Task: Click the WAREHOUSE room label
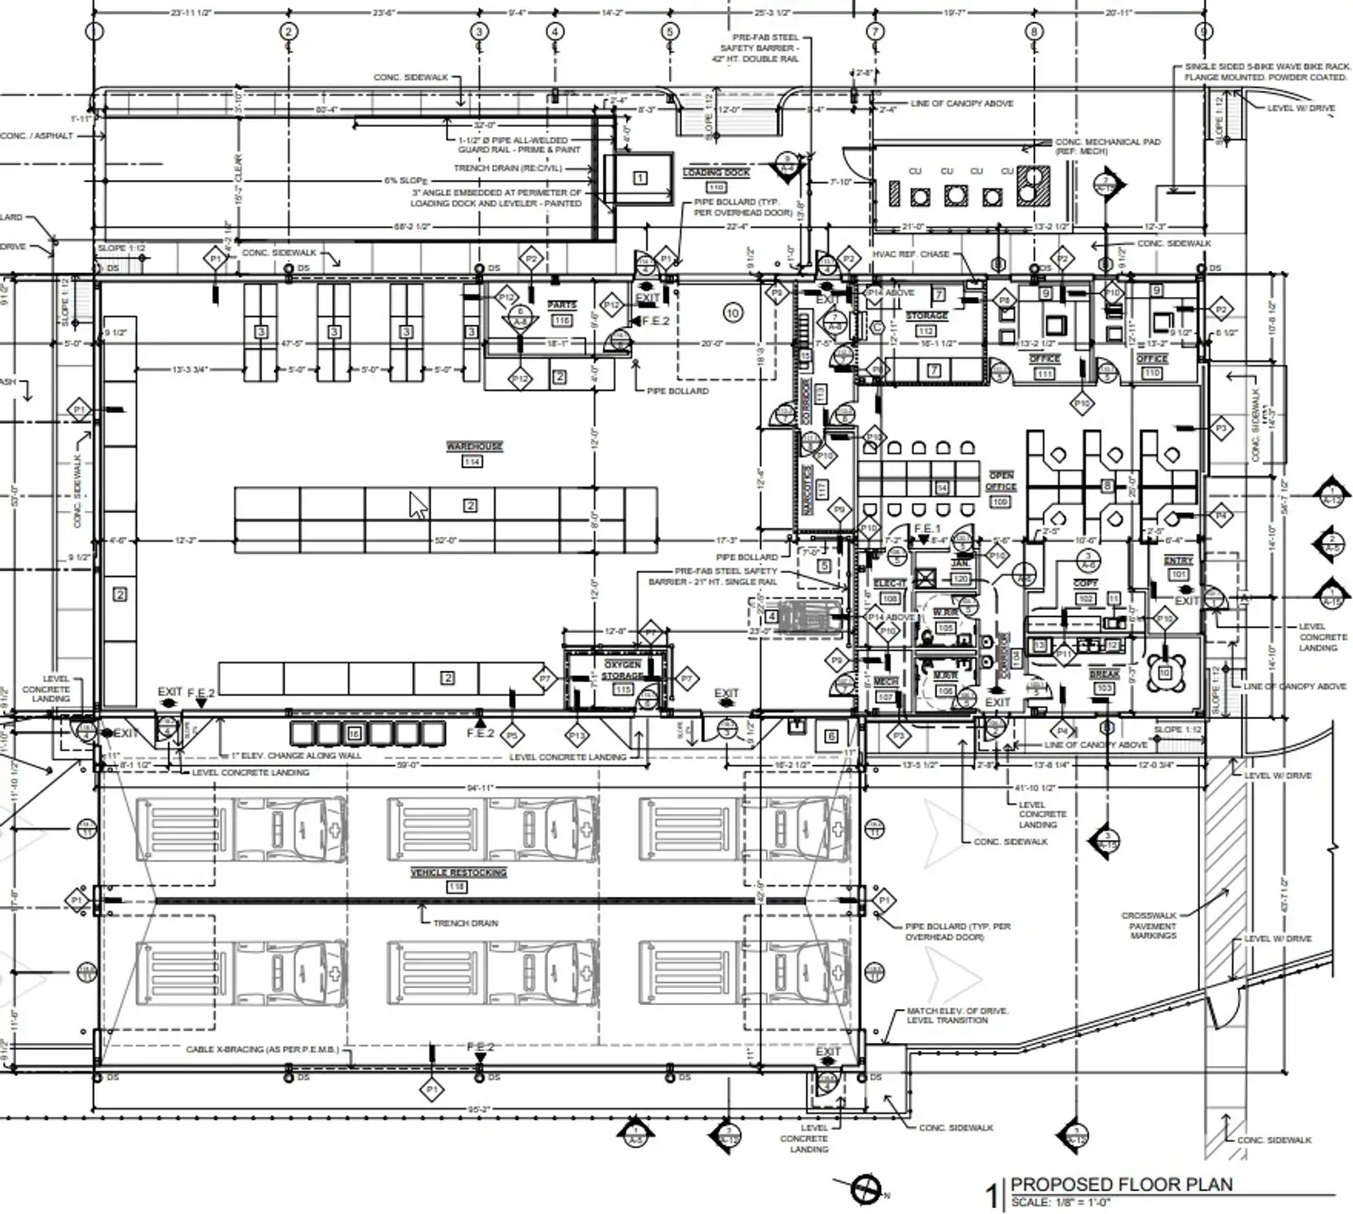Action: (x=474, y=446)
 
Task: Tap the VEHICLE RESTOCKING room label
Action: (x=458, y=872)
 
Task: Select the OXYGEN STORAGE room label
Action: (x=622, y=670)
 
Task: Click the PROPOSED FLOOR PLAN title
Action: (x=1121, y=1184)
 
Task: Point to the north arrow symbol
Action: (x=866, y=1190)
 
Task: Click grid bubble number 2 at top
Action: (x=288, y=32)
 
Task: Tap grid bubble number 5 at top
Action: (x=670, y=32)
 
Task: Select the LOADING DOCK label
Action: (x=716, y=173)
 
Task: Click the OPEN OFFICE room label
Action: (x=1001, y=481)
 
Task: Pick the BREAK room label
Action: (x=1104, y=674)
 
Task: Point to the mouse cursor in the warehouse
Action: (x=418, y=505)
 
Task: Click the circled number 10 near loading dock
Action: (x=732, y=313)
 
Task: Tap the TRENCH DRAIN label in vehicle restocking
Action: (x=465, y=923)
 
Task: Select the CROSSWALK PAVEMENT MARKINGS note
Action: (x=1153, y=926)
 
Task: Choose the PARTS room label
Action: (x=561, y=305)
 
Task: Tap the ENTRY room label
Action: (x=1178, y=561)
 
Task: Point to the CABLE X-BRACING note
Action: (x=262, y=1049)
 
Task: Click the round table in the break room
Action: (x=1165, y=673)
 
